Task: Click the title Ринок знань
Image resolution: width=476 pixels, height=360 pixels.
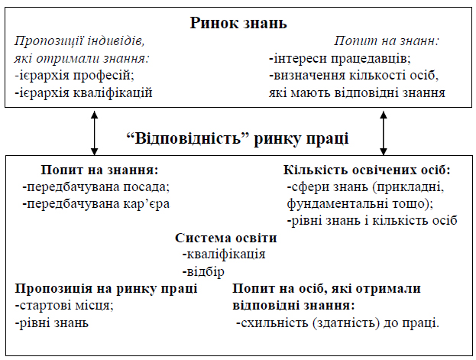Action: (x=238, y=22)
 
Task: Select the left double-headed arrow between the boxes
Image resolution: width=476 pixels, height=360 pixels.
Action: (x=94, y=132)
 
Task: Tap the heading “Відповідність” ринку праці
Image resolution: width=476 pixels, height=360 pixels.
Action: (x=238, y=138)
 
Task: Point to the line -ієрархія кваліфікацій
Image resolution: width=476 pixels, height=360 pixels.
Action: (x=84, y=92)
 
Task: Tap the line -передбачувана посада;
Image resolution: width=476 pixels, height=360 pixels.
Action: (x=96, y=186)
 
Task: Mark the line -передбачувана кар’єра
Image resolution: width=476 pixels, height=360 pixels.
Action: (x=96, y=203)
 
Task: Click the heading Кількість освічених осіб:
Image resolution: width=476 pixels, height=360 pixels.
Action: (x=367, y=169)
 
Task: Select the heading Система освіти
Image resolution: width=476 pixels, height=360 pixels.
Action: (x=226, y=238)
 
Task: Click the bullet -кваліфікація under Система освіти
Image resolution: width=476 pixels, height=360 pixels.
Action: (x=223, y=255)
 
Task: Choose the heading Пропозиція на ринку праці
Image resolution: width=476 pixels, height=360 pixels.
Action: (x=106, y=288)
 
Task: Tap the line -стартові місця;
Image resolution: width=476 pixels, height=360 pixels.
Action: (x=64, y=306)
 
